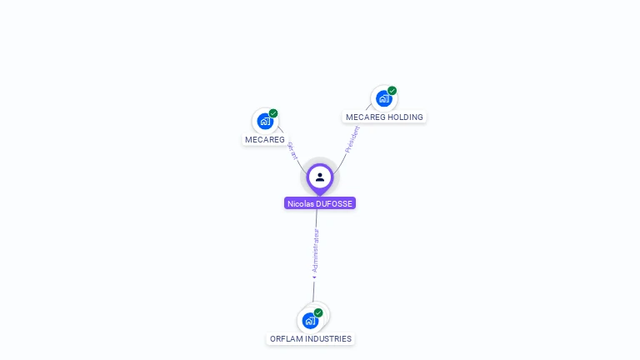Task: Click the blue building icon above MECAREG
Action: pos(265,122)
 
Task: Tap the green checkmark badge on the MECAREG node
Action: pos(273,113)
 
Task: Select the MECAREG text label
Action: pos(265,139)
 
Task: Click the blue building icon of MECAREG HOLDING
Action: pos(383,98)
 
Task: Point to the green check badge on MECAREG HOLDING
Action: pos(392,91)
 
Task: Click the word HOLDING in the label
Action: pos(406,117)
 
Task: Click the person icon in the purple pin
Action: pos(320,177)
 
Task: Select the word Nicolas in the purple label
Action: pos(301,203)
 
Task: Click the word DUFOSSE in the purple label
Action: pos(335,203)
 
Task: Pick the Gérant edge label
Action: pos(292,150)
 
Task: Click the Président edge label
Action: pos(352,139)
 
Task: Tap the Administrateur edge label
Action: pos(316,250)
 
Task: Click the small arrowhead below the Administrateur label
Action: pos(314,277)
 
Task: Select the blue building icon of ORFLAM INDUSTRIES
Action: pos(310,321)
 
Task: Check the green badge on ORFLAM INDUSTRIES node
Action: pos(318,312)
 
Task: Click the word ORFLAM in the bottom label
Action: pos(287,339)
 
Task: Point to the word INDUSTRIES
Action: pos(329,339)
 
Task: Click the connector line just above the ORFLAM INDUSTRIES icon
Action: pos(313,293)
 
